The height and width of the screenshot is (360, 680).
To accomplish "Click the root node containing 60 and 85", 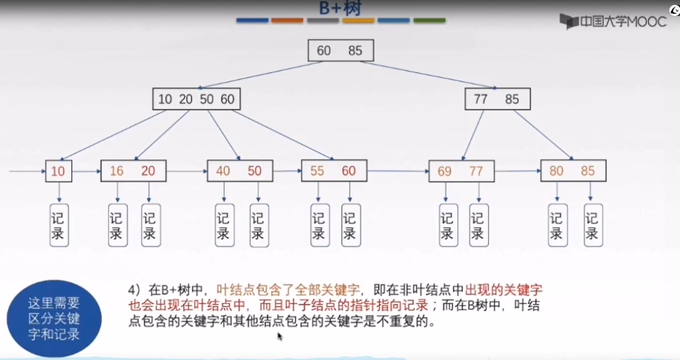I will [x=341, y=50].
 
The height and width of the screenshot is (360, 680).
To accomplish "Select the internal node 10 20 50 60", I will [x=197, y=99].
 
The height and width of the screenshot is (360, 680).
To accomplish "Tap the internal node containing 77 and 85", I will [x=497, y=99].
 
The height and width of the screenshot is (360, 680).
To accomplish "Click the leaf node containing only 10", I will [x=59, y=171].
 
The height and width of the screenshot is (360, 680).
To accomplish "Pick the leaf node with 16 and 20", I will [x=133, y=171].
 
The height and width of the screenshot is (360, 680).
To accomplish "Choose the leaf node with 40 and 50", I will [x=240, y=171].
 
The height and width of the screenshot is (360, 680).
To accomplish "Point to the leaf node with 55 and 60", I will [x=334, y=171].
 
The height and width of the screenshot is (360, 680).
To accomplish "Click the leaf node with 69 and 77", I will [x=461, y=171].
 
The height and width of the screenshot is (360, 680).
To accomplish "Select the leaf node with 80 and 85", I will [x=573, y=171].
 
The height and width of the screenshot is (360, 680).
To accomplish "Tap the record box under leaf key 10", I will [x=59, y=225].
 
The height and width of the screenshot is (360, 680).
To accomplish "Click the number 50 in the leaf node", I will [x=254, y=171].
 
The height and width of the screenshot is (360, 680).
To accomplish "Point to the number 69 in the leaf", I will [x=445, y=171].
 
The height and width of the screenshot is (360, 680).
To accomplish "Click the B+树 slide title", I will [x=340, y=8].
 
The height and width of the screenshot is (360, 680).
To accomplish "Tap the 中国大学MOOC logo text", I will [x=622, y=21].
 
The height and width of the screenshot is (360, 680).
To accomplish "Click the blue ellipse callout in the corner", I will [x=54, y=318].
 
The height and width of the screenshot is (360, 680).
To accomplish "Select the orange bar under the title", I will [x=287, y=20].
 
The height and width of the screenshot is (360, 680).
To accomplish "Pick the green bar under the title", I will [x=429, y=20].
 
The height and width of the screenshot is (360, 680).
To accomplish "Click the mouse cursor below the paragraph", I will [x=280, y=337].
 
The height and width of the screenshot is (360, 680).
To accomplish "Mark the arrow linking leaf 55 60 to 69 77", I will [x=398, y=171].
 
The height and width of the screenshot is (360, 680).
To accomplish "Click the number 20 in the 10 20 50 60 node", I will [x=185, y=99].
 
